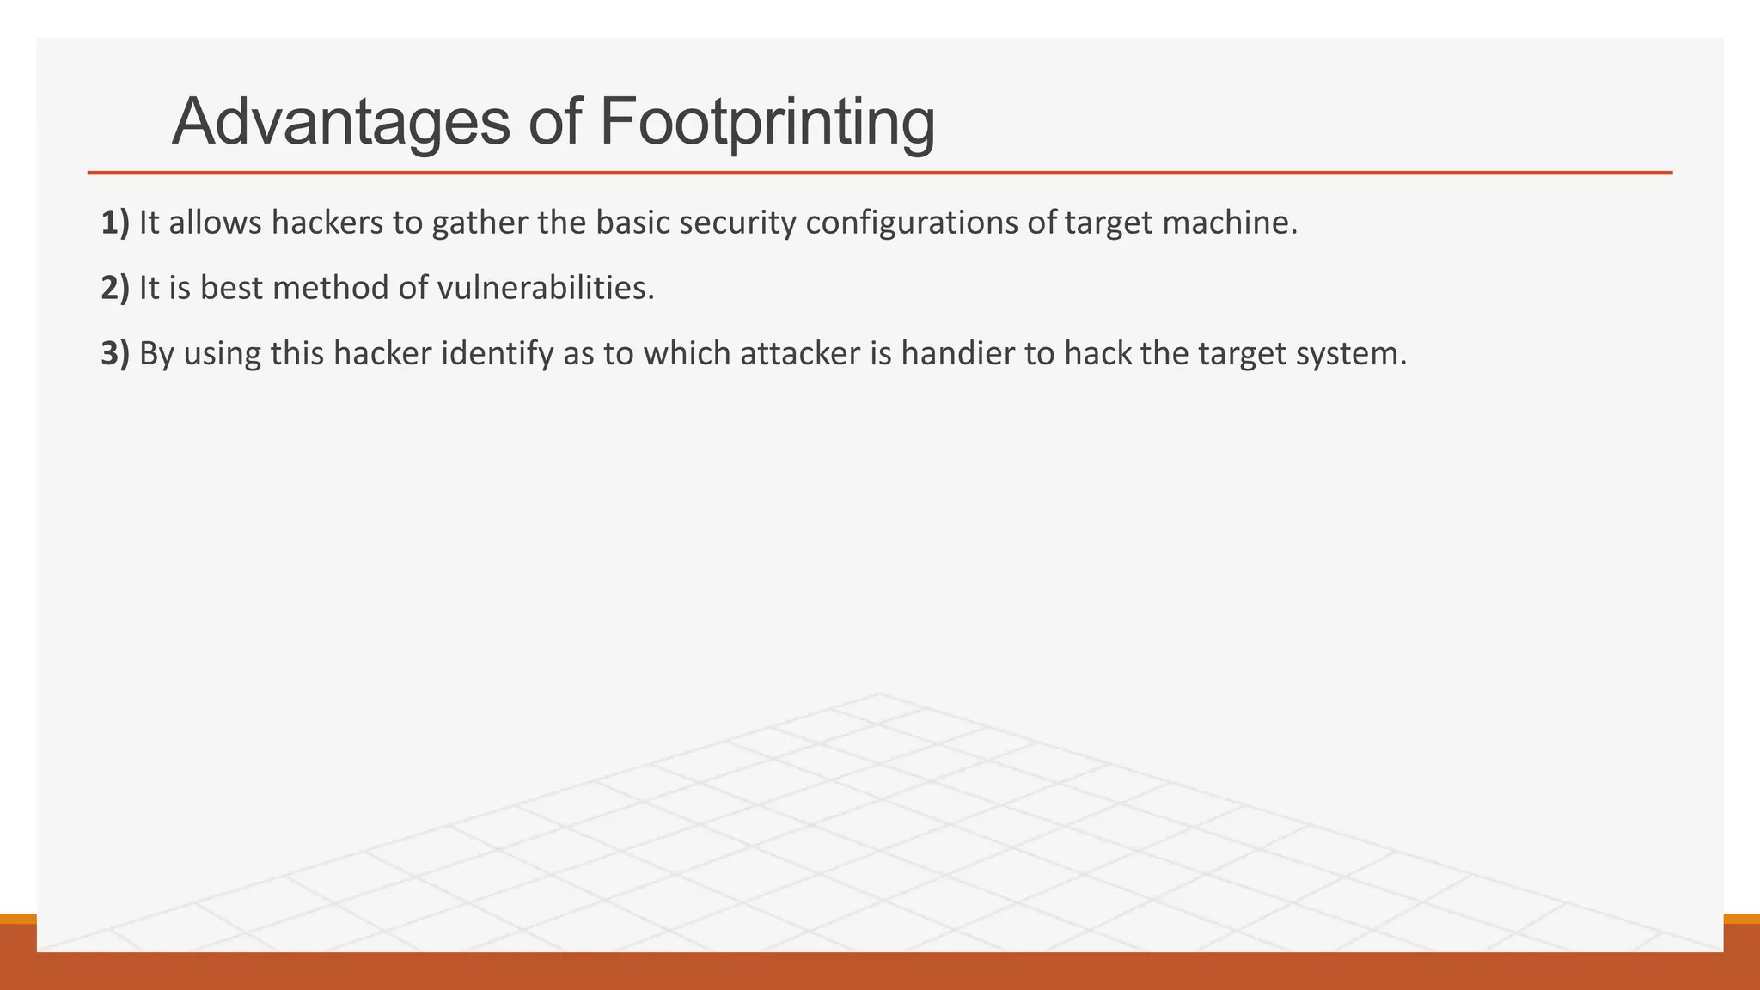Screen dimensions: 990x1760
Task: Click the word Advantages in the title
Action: coord(341,122)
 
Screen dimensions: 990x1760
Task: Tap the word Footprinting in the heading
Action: coord(767,122)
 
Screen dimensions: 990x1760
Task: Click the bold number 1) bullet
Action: coord(115,223)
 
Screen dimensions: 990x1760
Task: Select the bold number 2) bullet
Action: coord(115,288)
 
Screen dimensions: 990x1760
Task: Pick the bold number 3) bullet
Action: coord(115,353)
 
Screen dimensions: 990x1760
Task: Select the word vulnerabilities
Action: coord(546,288)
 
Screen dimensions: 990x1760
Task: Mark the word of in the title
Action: coord(556,122)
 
